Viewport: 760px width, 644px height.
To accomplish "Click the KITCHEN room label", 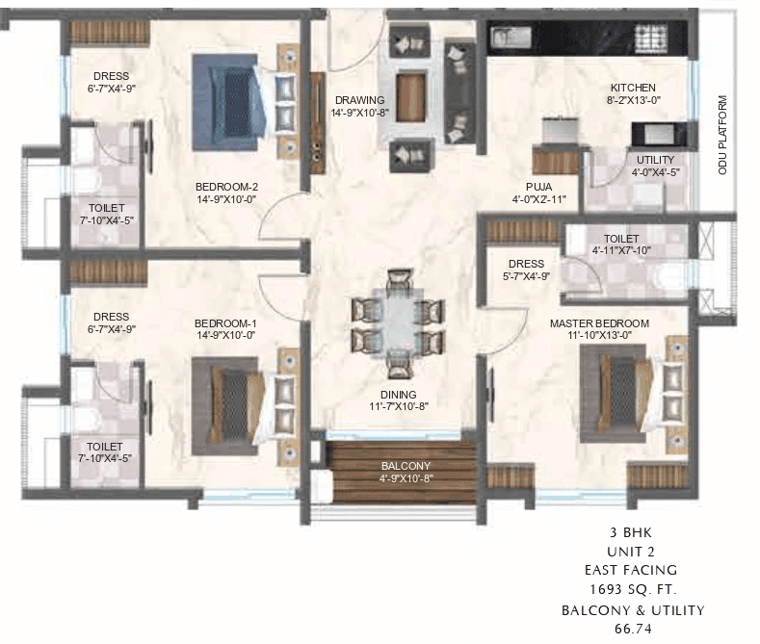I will (632, 88).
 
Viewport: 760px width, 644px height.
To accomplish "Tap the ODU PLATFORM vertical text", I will (721, 134).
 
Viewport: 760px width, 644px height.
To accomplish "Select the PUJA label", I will (538, 187).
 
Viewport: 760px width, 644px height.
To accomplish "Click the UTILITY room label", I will (655, 160).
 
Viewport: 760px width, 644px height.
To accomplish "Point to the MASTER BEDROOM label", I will (599, 323).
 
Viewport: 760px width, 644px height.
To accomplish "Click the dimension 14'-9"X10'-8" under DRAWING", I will (359, 113).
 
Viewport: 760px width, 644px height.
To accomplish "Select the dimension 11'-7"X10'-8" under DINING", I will (397, 407).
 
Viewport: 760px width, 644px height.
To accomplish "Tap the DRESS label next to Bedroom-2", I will (112, 77).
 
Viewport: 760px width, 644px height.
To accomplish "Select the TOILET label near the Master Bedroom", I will (621, 238).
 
